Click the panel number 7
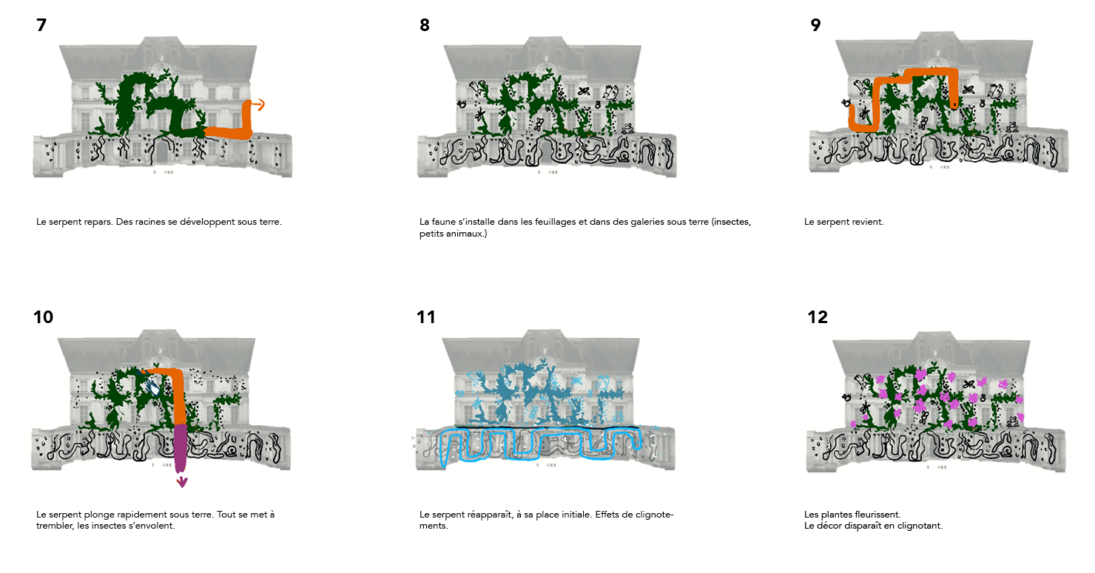[x=41, y=25]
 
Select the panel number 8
[x=425, y=25]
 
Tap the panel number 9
[x=815, y=25]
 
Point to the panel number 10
[x=43, y=317]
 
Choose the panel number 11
[x=425, y=317]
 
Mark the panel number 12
[x=818, y=317]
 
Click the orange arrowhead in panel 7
[x=260, y=104]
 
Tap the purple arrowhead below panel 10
[x=182, y=483]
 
